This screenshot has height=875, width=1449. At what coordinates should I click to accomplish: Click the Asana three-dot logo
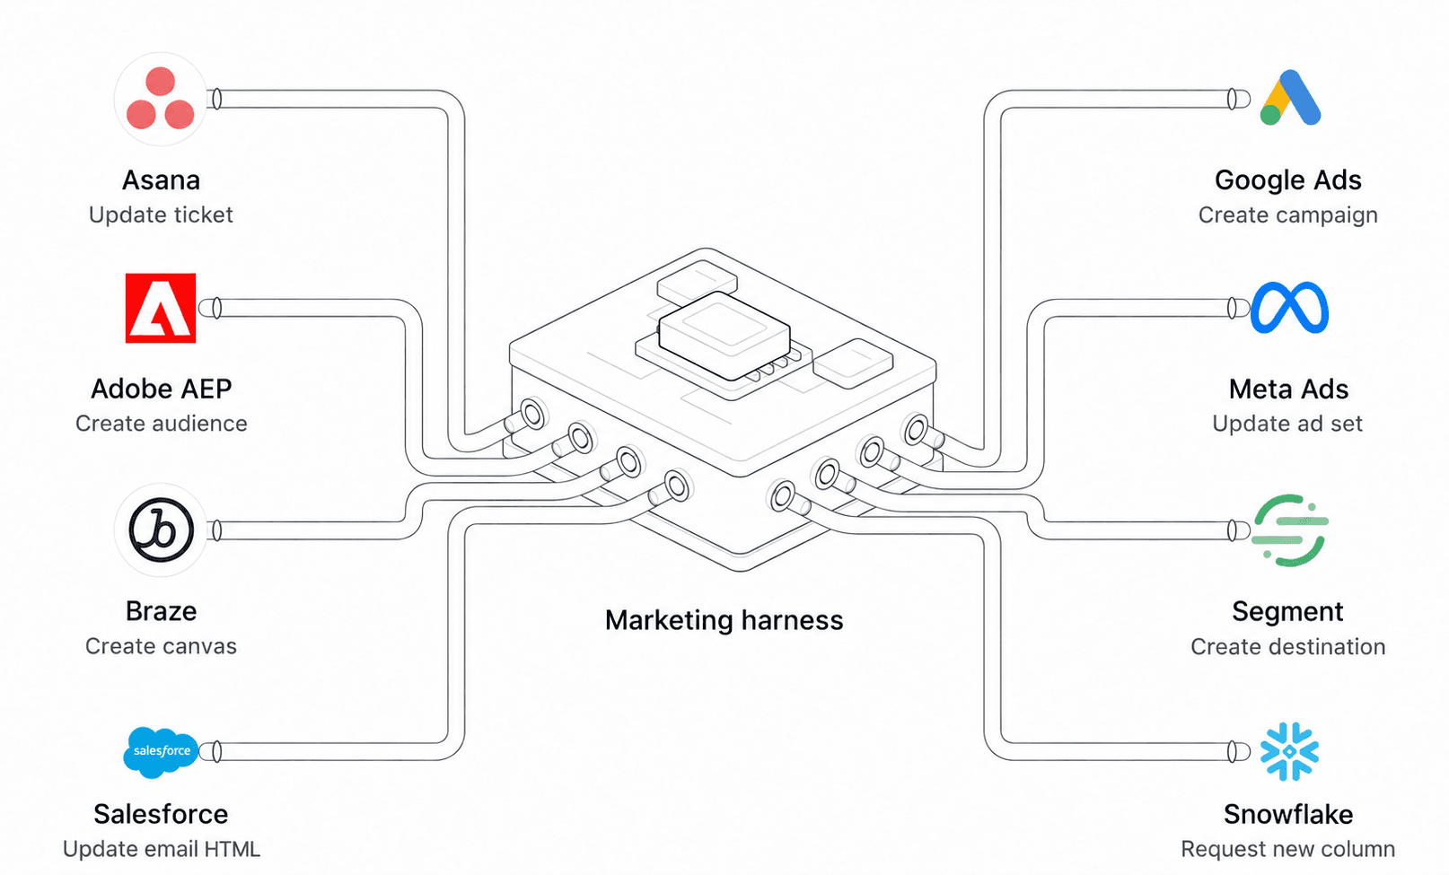click(x=161, y=99)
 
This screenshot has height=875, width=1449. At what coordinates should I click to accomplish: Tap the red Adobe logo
click(x=161, y=308)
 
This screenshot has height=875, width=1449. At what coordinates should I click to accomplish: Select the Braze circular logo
click(x=161, y=529)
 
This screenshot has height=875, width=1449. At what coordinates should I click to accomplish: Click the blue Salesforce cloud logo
click(x=161, y=752)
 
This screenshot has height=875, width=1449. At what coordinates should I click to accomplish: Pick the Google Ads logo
click(x=1290, y=98)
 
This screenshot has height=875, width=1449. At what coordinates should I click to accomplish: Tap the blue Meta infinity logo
click(x=1289, y=308)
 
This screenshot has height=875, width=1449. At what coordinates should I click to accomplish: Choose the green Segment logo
click(x=1289, y=530)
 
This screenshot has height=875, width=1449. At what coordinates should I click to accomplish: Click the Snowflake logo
click(x=1289, y=751)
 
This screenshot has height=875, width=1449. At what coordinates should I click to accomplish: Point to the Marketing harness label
click(x=724, y=620)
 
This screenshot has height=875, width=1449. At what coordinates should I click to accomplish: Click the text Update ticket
click(x=161, y=214)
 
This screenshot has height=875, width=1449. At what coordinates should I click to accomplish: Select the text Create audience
click(x=161, y=424)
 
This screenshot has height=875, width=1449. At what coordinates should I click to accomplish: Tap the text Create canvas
click(x=161, y=646)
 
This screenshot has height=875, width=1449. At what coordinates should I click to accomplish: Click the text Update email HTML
click(x=161, y=849)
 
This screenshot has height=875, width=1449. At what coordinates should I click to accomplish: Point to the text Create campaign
click(x=1288, y=214)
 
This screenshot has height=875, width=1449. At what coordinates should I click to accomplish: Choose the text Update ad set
click(x=1287, y=424)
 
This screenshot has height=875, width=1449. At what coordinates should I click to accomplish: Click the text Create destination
click(x=1288, y=647)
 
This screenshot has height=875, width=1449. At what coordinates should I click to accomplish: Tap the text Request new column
click(x=1288, y=849)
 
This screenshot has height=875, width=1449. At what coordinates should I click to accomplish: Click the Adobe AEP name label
click(x=161, y=389)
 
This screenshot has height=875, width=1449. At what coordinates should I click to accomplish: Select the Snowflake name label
click(x=1288, y=814)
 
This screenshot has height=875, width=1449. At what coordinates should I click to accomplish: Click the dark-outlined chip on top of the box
click(x=724, y=335)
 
